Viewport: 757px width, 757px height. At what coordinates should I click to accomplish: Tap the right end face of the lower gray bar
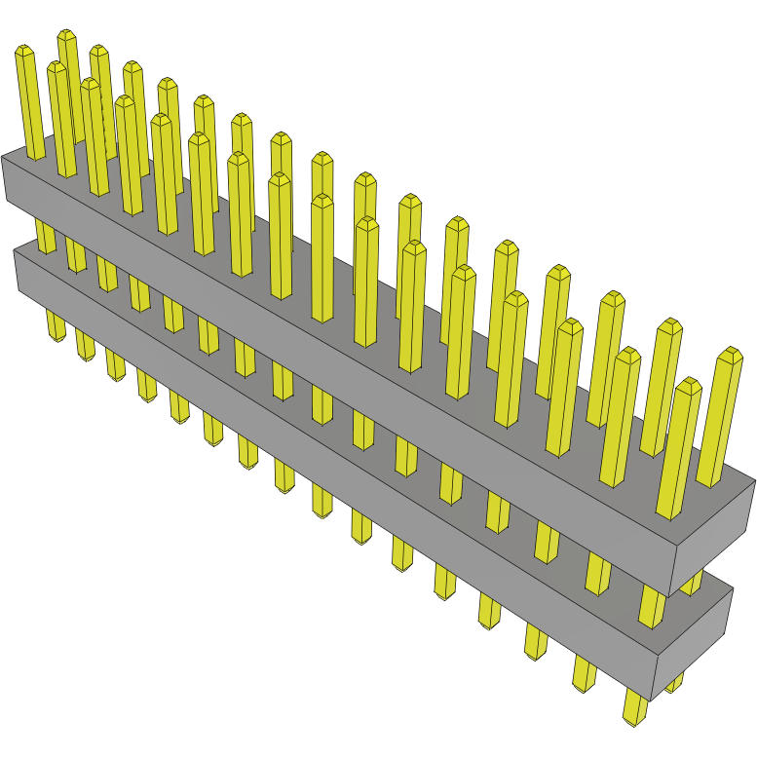[694, 633]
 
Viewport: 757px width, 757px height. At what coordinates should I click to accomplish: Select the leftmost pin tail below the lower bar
[55, 327]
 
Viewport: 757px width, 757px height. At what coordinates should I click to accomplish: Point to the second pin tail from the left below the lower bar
[85, 344]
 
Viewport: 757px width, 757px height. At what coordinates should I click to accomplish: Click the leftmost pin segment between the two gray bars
[45, 236]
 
